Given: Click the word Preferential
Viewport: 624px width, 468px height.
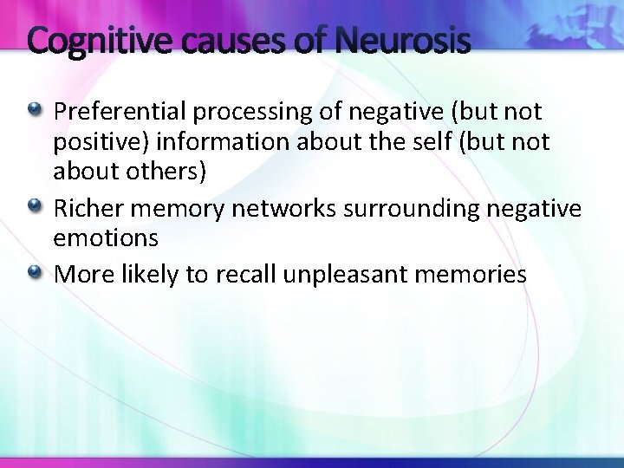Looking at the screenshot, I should coord(120,112).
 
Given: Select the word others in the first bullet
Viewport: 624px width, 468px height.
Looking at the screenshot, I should coord(166,172).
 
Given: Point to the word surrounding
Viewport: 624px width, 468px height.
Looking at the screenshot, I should coord(415,208).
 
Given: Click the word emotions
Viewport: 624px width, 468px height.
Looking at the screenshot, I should coord(106,237).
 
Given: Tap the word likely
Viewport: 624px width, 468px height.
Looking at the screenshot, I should coord(145,275).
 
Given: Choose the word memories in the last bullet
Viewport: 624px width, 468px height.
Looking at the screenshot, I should coord(476,275).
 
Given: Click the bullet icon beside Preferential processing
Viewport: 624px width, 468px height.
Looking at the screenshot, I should coord(34,111).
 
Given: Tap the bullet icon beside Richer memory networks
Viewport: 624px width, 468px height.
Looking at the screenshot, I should coord(34,207).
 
